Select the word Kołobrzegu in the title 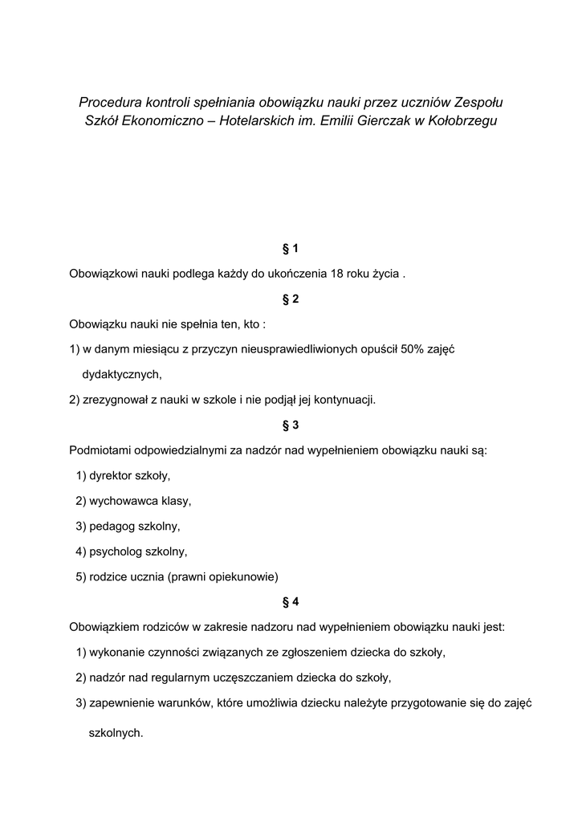coord(465,121)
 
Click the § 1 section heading coord(291,248)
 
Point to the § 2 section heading coord(291,299)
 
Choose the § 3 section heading coord(291,425)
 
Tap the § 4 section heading coord(291,601)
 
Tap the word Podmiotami coord(100,450)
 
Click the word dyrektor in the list coord(112,475)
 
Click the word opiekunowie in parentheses coord(242,576)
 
